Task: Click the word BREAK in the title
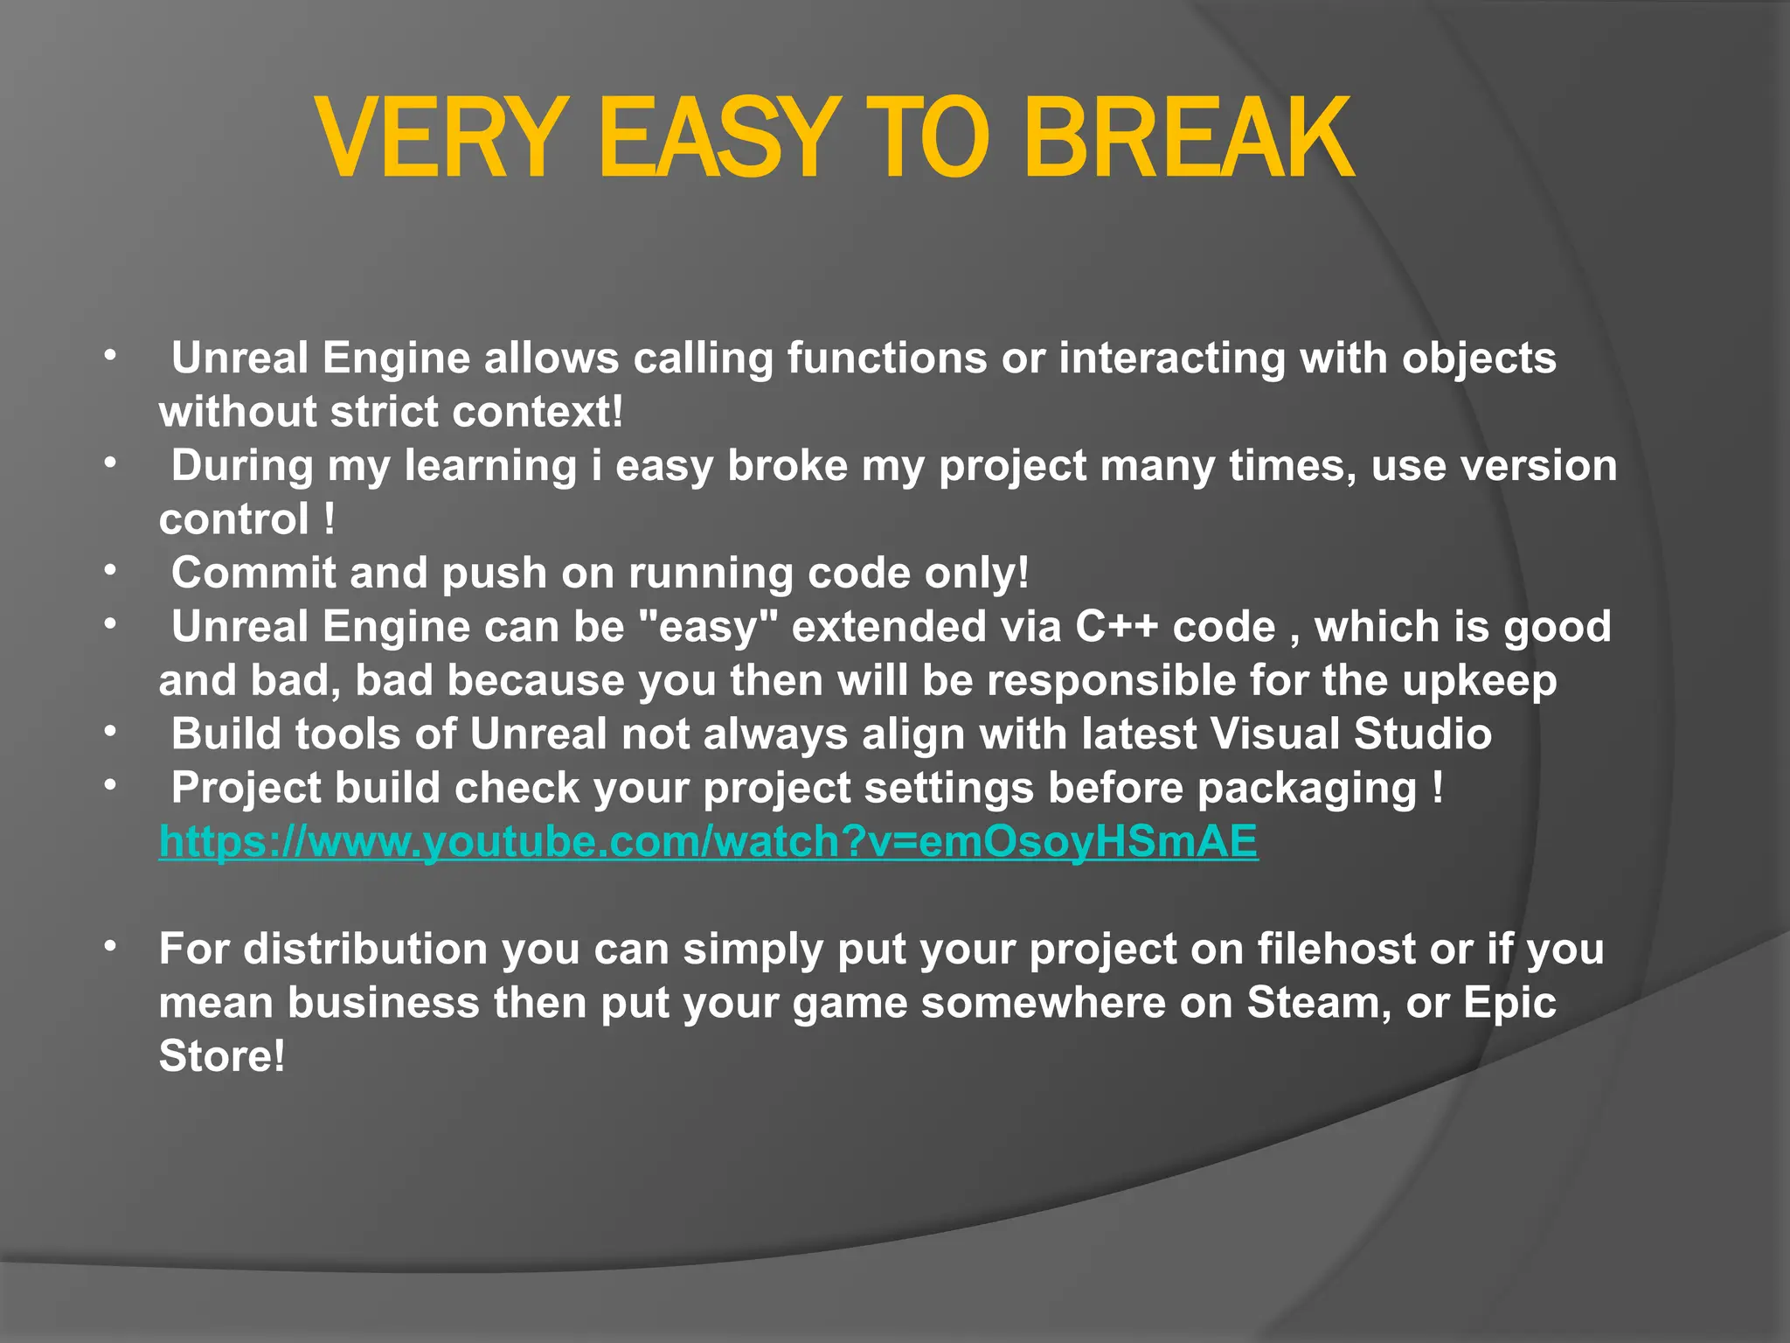1189,140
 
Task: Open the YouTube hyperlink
708,841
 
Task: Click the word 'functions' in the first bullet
886,358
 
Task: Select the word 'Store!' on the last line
222,1056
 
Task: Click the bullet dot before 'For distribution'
109,947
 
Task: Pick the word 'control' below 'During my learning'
233,520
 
